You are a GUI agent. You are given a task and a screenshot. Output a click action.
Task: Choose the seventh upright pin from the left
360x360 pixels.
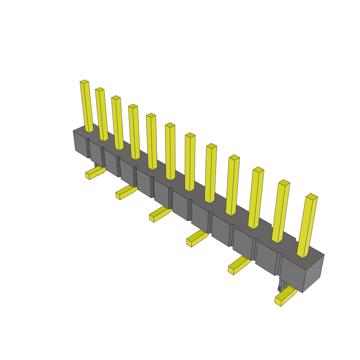coord(190,162)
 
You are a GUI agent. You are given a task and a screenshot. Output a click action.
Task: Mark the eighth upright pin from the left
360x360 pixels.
coord(211,174)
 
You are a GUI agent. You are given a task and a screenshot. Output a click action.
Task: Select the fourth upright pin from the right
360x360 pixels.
coord(233,185)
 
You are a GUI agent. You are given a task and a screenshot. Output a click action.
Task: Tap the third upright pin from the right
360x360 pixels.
coord(256,198)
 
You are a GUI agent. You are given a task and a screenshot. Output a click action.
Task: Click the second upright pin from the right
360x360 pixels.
coord(281,212)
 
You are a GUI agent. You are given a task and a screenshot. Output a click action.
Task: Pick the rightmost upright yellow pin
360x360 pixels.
coord(307,226)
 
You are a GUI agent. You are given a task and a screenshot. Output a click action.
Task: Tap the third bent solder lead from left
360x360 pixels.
coord(159,214)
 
